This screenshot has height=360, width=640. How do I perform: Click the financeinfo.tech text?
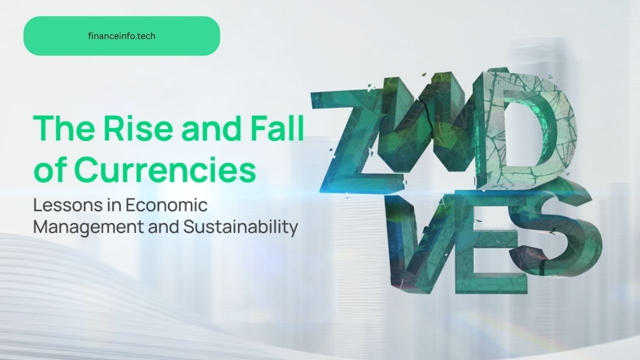tap(121, 36)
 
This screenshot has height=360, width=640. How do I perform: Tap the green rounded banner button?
tap(121, 35)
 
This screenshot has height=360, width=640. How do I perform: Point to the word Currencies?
tap(165, 169)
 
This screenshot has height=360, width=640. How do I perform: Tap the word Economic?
tap(166, 205)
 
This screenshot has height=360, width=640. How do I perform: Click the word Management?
tap(89, 227)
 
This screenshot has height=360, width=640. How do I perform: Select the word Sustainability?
tap(240, 227)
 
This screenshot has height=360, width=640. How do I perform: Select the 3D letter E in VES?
tap(488, 245)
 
